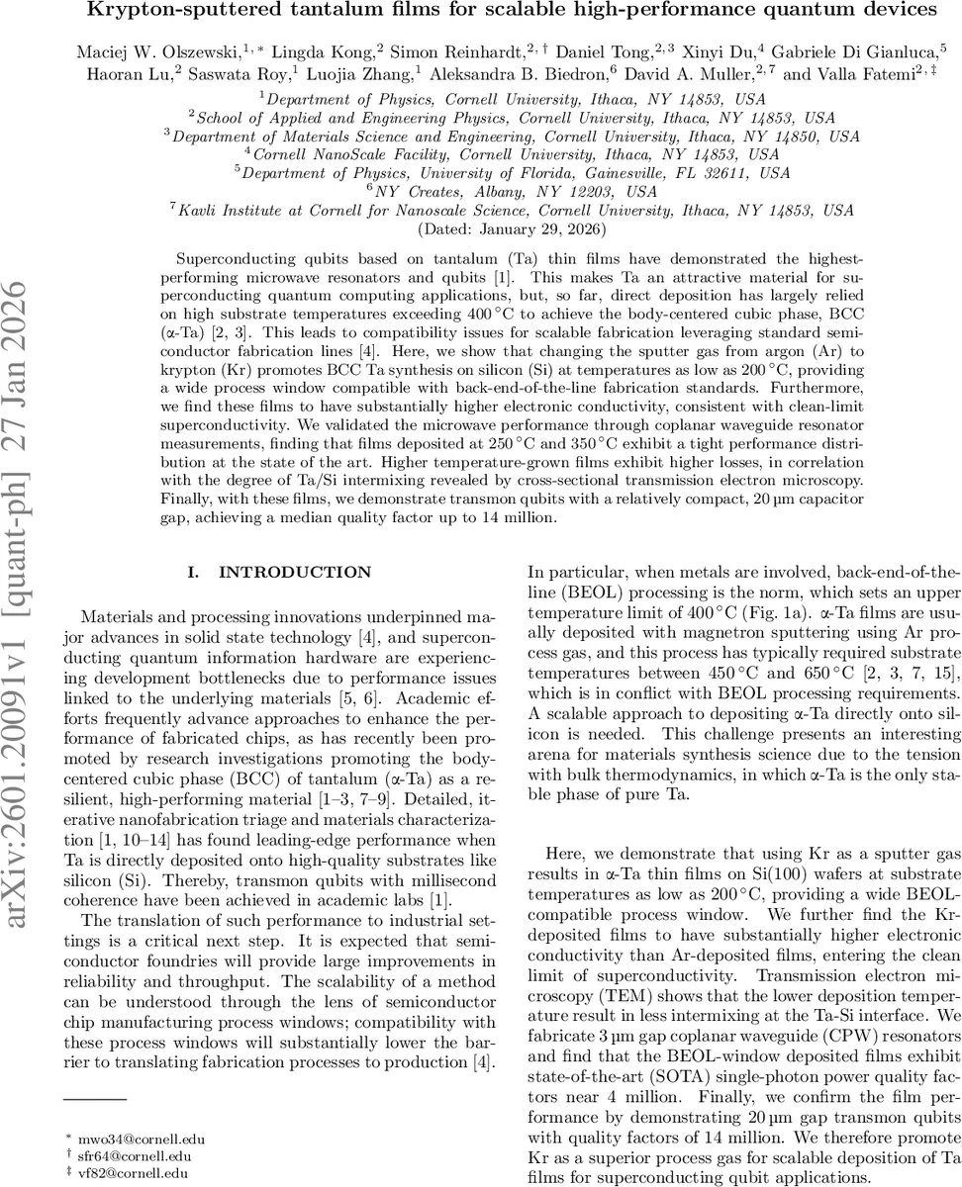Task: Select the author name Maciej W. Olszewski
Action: pos(149,48)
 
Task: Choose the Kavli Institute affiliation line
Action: pos(511,210)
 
